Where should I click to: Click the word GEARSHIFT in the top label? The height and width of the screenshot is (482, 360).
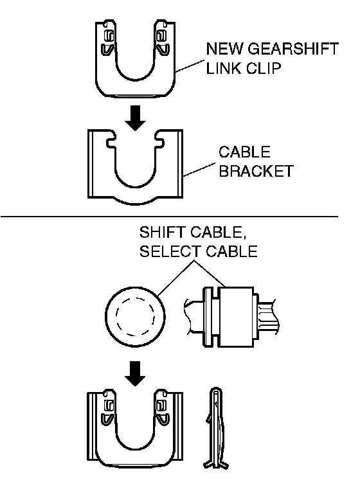pos(293,49)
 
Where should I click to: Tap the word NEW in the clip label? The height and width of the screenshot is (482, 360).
pos(225,49)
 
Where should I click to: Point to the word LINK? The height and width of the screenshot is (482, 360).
pos(224,68)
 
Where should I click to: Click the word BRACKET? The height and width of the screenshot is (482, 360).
pos(256,171)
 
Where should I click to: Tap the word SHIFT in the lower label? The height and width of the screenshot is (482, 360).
pos(163,233)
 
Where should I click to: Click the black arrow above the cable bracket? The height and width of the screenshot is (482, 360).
pos(135,118)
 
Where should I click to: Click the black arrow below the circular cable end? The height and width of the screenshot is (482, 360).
pos(135,373)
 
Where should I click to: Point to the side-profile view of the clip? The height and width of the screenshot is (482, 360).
pos(216,427)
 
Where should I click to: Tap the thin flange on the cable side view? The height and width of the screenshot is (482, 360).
pos(208,317)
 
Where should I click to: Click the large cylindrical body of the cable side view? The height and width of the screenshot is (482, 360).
pos(236,317)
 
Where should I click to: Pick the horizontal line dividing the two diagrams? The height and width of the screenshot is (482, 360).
pos(170,217)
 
